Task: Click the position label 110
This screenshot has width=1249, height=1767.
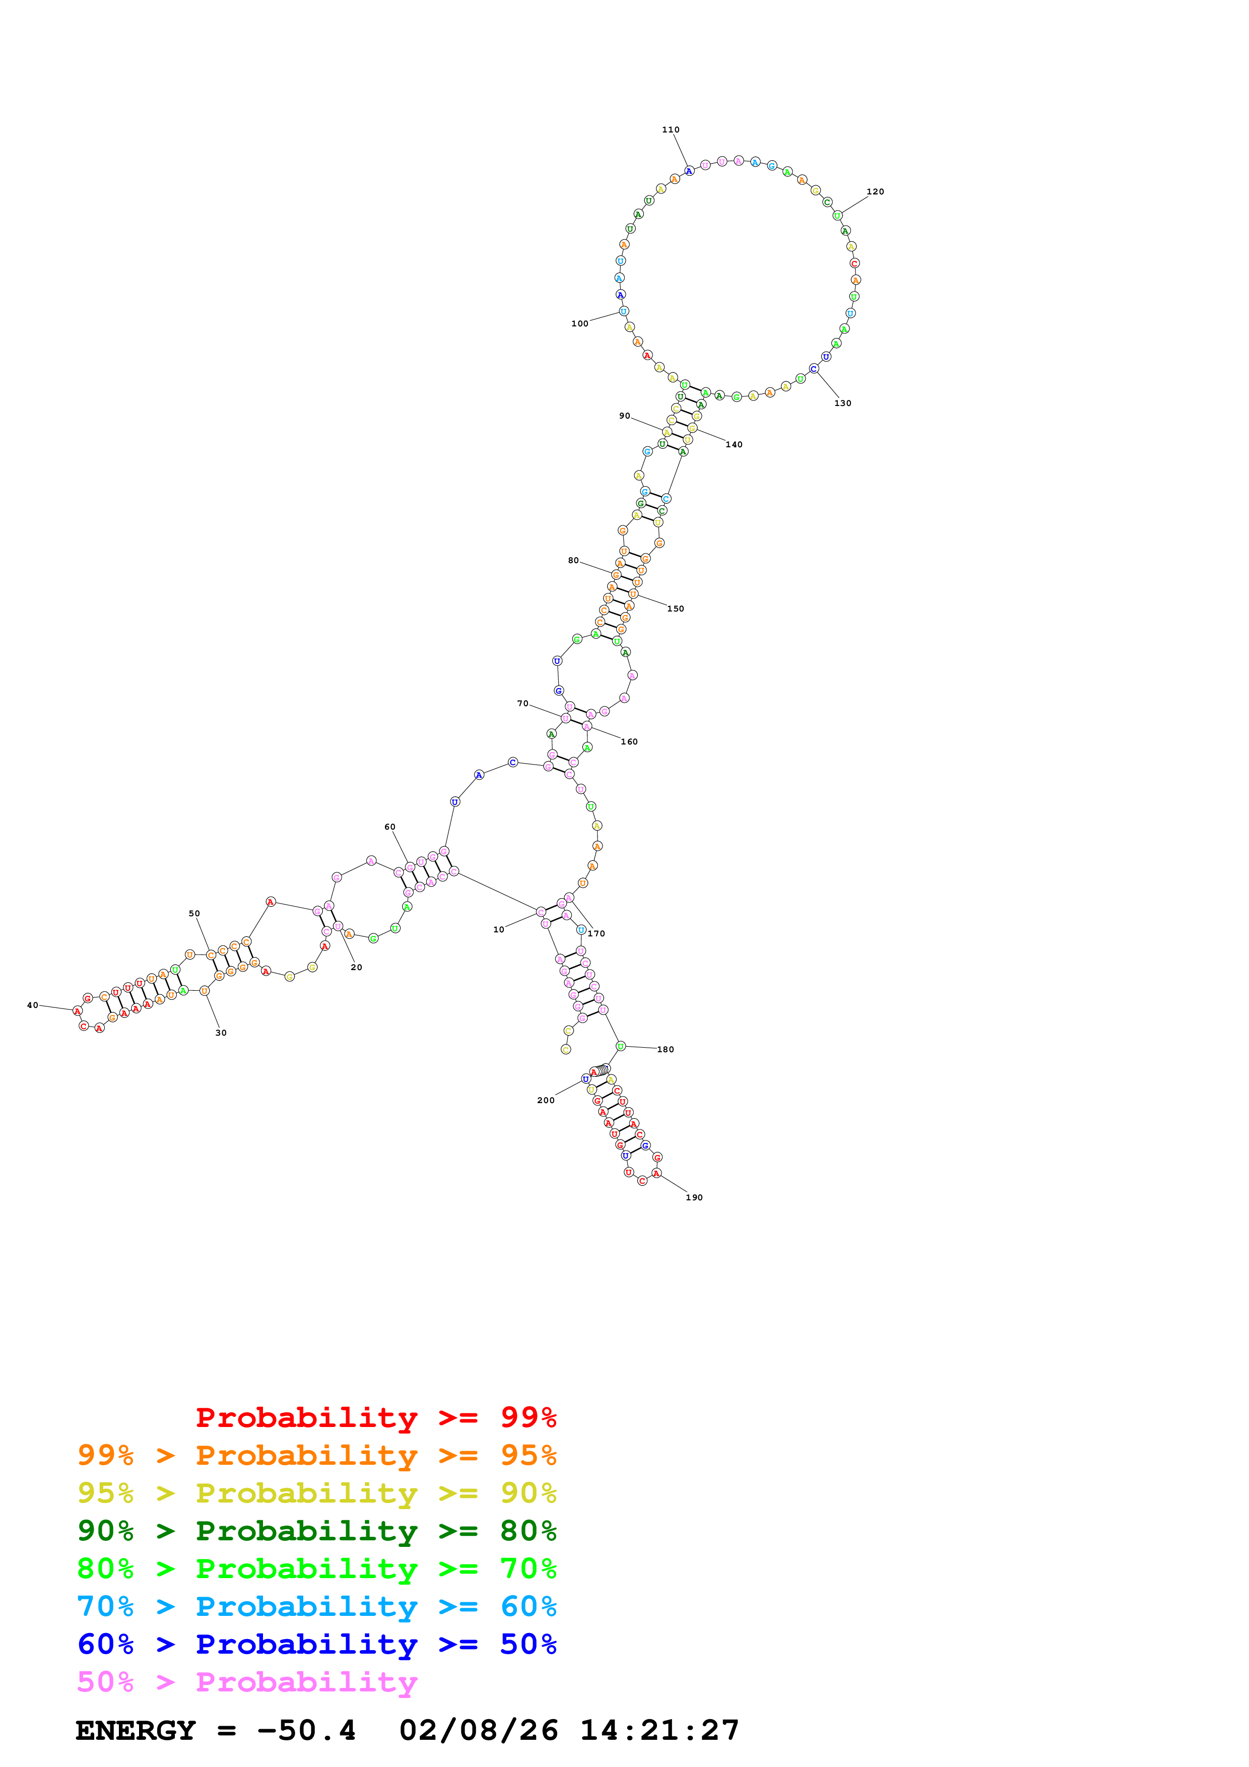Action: pyautogui.click(x=670, y=130)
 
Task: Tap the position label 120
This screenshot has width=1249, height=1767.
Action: pyautogui.click(x=875, y=191)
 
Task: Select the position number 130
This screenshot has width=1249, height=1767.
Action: pyautogui.click(x=843, y=403)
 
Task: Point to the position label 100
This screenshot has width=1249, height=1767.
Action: pyautogui.click(x=579, y=324)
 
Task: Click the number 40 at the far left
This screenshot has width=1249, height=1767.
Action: pyautogui.click(x=32, y=1005)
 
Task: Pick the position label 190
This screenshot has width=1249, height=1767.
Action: pyautogui.click(x=694, y=1197)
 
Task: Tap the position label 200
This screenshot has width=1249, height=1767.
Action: pyautogui.click(x=546, y=1101)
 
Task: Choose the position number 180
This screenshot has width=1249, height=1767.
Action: pyautogui.click(x=665, y=1050)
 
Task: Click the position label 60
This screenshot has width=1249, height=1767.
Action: pyautogui.click(x=390, y=827)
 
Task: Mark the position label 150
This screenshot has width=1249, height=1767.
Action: pyautogui.click(x=675, y=609)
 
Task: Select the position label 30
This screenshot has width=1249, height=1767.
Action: pyautogui.click(x=221, y=1033)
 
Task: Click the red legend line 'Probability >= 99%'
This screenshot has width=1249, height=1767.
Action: pyautogui.click(x=375, y=1417)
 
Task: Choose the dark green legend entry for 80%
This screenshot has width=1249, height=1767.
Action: pyautogui.click(x=316, y=1531)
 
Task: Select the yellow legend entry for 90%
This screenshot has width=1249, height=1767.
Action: pyautogui.click(x=316, y=1493)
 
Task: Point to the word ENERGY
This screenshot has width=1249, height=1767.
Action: pyautogui.click(x=136, y=1731)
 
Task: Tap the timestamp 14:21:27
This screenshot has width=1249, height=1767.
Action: pyautogui.click(x=660, y=1731)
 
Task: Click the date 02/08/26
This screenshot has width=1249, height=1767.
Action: pyautogui.click(x=479, y=1731)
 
